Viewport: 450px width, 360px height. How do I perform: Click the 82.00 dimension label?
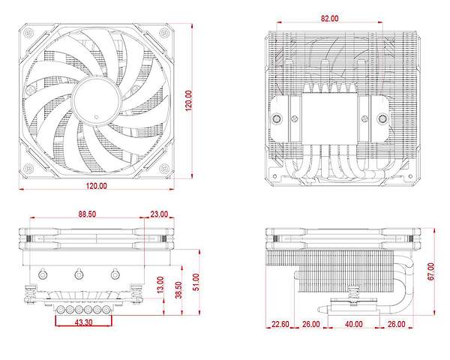click(329, 18)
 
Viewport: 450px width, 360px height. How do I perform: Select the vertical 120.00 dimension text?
click(188, 100)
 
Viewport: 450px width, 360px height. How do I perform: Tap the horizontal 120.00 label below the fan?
click(97, 186)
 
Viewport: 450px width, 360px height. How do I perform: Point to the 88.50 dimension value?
click(87, 214)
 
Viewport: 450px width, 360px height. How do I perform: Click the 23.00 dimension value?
click(159, 214)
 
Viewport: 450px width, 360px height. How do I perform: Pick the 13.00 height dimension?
click(160, 285)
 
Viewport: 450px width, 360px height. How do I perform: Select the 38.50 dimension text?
click(178, 290)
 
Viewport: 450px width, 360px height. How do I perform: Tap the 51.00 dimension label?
click(196, 282)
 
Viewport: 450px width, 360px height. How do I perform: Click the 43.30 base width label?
click(83, 322)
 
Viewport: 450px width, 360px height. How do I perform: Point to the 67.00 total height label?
click(430, 271)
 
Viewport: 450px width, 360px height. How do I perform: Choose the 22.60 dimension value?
click(280, 324)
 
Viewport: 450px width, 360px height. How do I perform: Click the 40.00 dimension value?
click(353, 324)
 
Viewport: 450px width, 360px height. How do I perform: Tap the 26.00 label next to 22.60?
click(310, 324)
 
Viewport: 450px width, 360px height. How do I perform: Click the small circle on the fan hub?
click(97, 117)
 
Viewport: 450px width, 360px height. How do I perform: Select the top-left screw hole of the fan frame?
click(28, 33)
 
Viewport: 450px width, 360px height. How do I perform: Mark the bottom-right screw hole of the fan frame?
click(164, 168)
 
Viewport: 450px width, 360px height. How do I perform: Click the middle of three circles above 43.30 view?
click(79, 274)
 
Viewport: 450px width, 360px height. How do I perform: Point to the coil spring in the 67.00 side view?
click(353, 292)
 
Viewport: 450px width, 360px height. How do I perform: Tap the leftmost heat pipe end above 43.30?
click(61, 310)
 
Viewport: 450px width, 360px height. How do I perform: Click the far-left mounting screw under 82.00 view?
click(277, 118)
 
